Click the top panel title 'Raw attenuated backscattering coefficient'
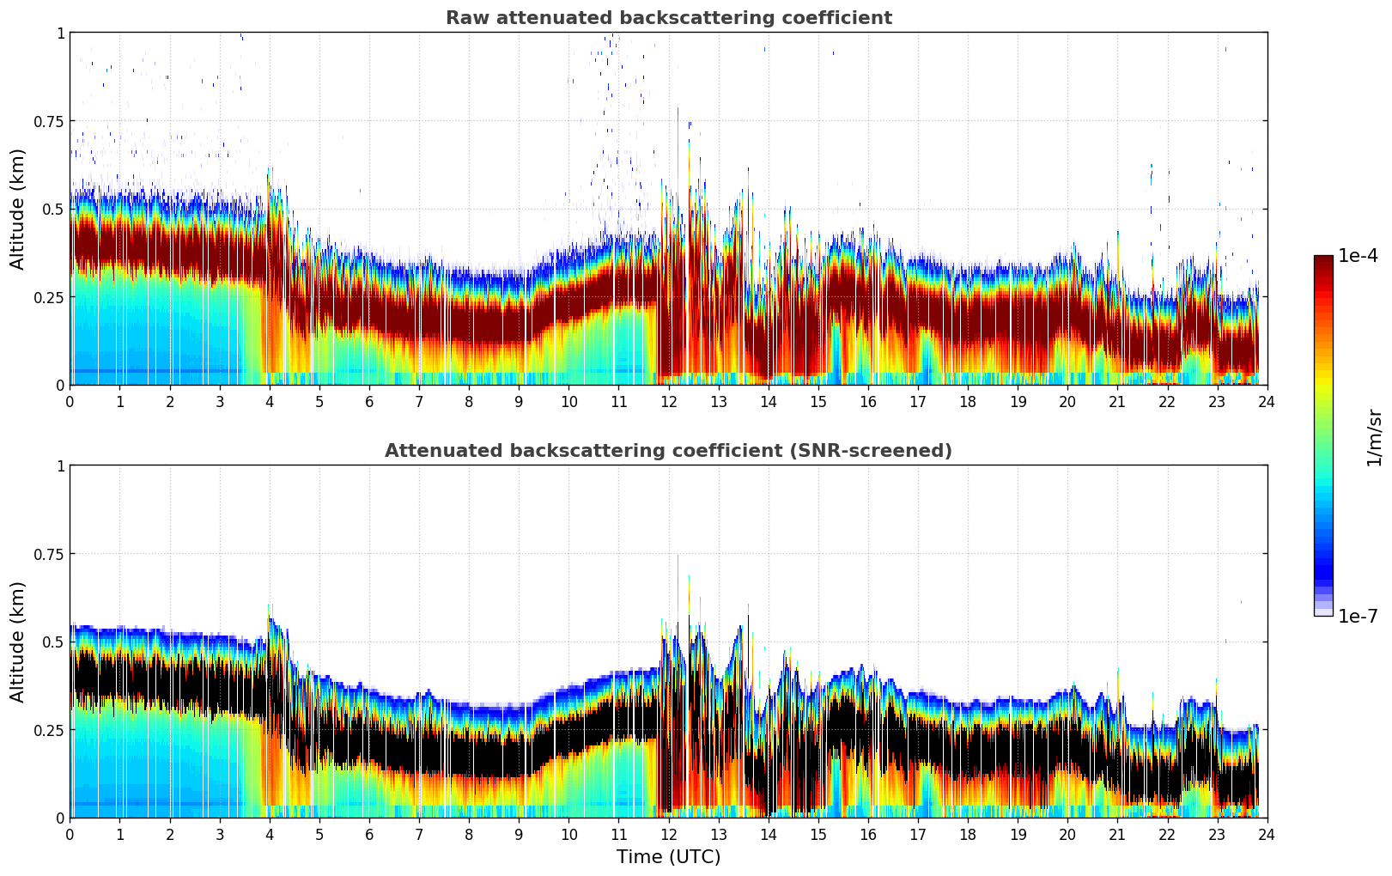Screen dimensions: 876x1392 point(668,18)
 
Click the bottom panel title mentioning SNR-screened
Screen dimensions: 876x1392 point(668,451)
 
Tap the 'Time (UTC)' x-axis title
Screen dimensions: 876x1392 point(668,857)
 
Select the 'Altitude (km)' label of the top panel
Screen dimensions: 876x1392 point(17,209)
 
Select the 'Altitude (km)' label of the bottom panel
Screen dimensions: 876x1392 point(17,642)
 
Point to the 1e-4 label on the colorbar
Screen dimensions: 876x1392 point(1358,256)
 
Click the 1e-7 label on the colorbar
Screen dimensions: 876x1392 point(1358,617)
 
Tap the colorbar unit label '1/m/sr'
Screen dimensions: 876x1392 point(1374,437)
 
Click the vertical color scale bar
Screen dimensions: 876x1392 point(1322,435)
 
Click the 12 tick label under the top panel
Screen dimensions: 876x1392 point(668,401)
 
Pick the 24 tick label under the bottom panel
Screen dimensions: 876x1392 point(1267,834)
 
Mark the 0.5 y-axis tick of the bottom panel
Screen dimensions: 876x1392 point(53,642)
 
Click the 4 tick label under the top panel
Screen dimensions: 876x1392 point(270,401)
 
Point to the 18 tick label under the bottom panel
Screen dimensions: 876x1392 point(968,834)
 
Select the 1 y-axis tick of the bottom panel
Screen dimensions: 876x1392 point(60,465)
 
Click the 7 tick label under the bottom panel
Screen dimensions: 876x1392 point(419,834)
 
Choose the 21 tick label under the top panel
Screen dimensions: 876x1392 point(1117,401)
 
